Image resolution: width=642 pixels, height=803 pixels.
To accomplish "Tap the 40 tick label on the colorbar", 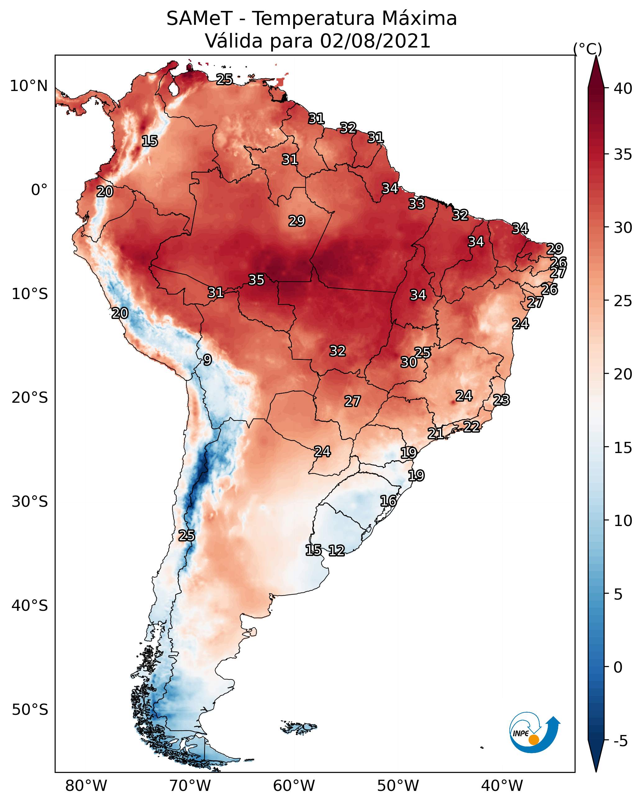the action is click(x=623, y=88).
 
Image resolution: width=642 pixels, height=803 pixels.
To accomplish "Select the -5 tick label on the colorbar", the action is click(x=620, y=741).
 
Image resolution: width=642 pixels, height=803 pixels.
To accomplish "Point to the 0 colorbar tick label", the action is click(x=618, y=667).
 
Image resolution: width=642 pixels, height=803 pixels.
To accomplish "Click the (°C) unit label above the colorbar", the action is click(x=587, y=49).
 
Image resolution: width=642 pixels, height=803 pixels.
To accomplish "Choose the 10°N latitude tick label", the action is click(x=29, y=86).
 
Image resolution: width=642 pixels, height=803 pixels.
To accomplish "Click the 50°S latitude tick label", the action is click(x=30, y=710).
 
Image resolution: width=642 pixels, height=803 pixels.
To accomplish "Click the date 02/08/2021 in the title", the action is click(x=375, y=41).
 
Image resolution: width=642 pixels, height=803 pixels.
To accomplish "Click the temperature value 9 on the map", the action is click(x=207, y=360).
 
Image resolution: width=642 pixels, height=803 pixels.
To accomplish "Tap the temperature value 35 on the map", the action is click(x=256, y=280).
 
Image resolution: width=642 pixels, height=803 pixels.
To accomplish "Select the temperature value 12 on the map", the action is click(x=336, y=551).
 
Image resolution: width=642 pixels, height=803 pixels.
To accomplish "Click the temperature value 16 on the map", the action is click(x=388, y=501).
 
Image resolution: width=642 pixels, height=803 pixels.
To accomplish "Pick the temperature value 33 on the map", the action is click(x=416, y=204).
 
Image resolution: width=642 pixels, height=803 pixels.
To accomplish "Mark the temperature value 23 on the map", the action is click(x=501, y=400).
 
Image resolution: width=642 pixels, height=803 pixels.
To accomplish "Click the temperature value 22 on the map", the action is click(x=471, y=426).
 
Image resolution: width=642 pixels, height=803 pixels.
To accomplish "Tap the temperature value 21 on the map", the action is click(x=435, y=433).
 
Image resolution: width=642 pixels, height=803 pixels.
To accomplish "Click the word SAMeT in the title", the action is click(x=199, y=18).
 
